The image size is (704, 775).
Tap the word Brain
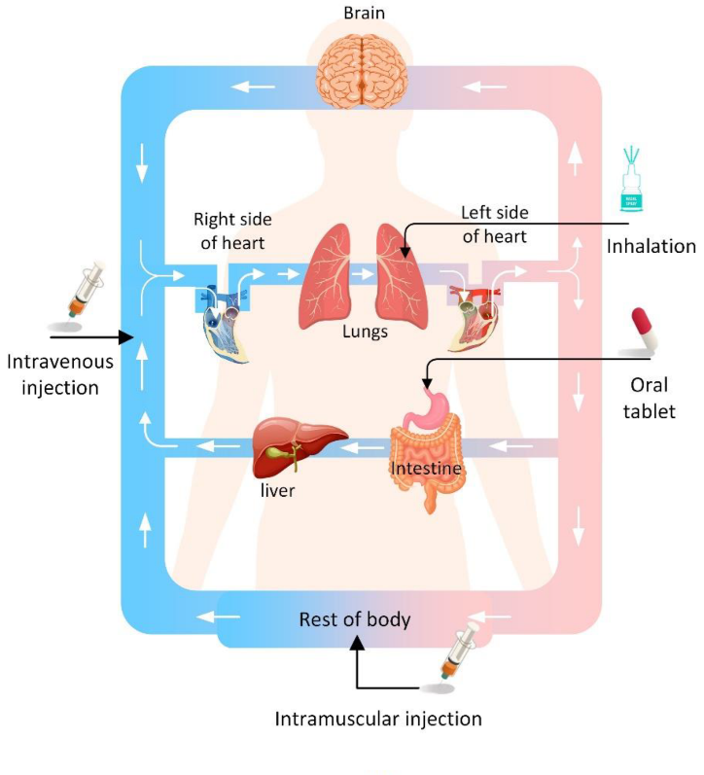[365, 13]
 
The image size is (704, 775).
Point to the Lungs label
[365, 332]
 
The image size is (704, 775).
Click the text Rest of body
[354, 619]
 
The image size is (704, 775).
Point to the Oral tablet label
[651, 397]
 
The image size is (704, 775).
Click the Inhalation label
[651, 246]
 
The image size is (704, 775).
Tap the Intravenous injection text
[59, 374]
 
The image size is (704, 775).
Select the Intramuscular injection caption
[378, 720]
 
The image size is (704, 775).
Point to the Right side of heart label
[232, 230]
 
